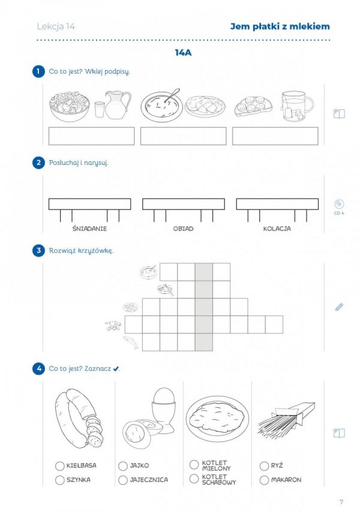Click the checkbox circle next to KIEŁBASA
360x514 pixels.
click(59, 466)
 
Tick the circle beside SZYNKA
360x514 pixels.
click(59, 480)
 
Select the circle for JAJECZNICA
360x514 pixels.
click(123, 480)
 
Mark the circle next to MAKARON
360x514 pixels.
click(264, 480)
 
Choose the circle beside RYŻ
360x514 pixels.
click(264, 466)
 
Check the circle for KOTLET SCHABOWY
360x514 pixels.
click(194, 479)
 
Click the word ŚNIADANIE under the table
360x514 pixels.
click(89, 229)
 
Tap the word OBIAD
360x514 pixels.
click(183, 229)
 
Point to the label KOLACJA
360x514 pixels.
click(277, 229)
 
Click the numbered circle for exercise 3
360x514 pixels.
click(38, 251)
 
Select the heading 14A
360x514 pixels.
click(183, 53)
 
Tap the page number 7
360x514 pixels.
click(341, 502)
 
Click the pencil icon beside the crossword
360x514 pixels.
click(339, 307)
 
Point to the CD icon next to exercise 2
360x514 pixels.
click(339, 204)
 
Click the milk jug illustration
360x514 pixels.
click(117, 105)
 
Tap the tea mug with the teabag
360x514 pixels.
click(297, 106)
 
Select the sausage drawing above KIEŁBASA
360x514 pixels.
click(79, 418)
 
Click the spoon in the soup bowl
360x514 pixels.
click(172, 95)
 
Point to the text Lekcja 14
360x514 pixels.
click(56, 26)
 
